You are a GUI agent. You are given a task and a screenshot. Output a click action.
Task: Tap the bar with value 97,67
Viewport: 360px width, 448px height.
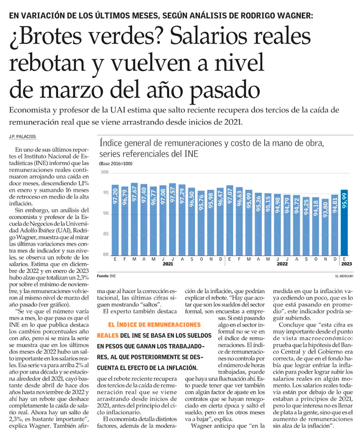tap(134, 219)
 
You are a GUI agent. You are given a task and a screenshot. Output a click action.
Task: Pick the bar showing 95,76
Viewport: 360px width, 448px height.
tap(201, 223)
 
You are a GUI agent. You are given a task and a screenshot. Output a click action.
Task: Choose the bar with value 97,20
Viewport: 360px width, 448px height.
tap(115, 220)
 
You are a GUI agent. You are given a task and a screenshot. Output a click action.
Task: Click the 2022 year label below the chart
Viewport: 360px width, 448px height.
tap(282, 264)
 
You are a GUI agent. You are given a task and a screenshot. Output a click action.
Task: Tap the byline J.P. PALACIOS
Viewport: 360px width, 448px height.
tap(22, 136)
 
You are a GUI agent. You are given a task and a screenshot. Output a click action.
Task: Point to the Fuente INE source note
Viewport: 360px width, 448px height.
tap(106, 276)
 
